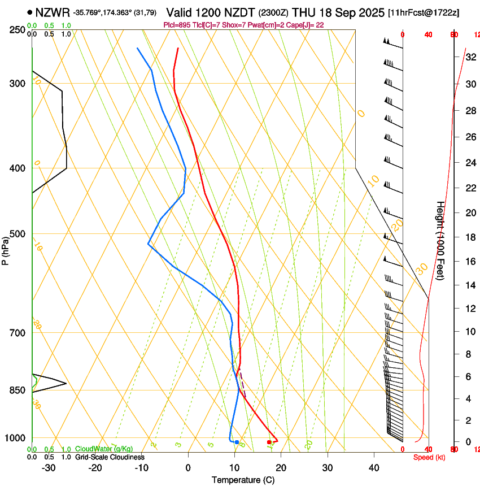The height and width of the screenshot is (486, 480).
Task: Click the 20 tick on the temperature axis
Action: (x=281, y=468)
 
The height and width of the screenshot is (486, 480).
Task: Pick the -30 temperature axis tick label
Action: (x=49, y=468)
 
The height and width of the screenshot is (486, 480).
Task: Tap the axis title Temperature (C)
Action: (x=243, y=480)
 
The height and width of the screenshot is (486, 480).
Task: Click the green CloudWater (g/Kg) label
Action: (x=104, y=449)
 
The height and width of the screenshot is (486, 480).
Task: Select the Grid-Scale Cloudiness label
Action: (x=110, y=457)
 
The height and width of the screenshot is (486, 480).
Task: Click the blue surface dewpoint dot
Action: (x=237, y=442)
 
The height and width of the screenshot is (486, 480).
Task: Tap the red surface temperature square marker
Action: (x=269, y=442)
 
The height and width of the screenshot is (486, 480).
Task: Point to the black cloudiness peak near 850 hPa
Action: (x=66, y=384)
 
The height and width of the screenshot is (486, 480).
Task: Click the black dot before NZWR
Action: (x=29, y=12)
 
